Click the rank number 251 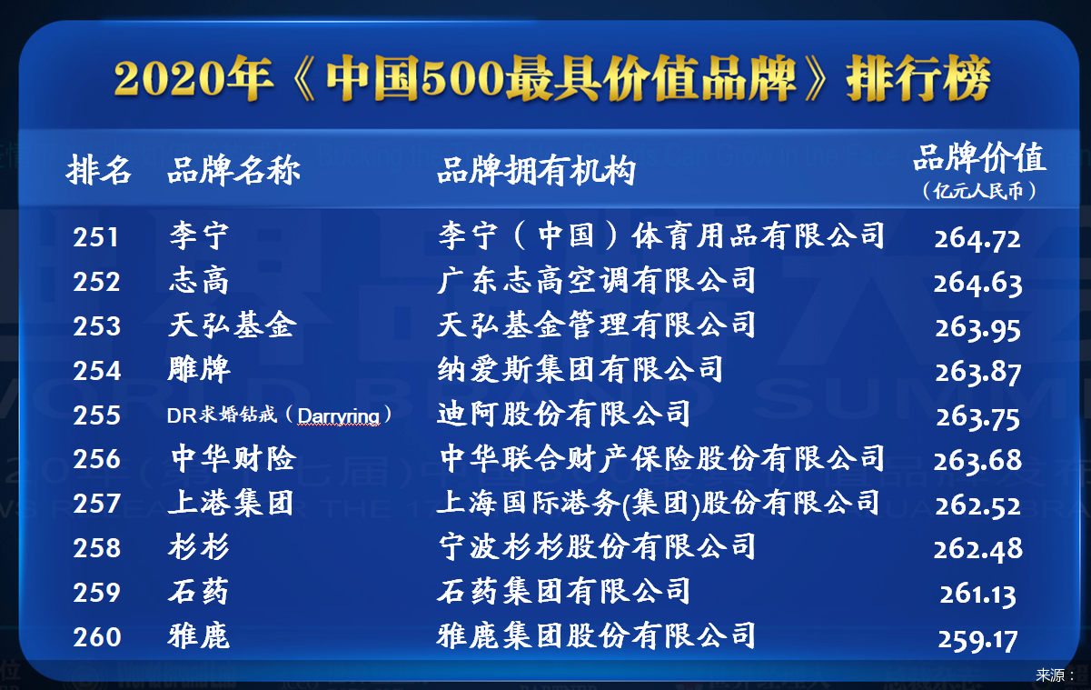pos(95,238)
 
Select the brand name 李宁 pos(199,235)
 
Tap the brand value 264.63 pos(977,284)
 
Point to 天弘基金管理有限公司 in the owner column pos(596,325)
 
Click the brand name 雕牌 pos(199,369)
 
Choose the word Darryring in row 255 pos(339,415)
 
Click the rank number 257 pos(96,504)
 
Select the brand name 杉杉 pos(199,546)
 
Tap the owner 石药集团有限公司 pos(563,591)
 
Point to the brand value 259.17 pos(977,640)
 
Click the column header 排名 pos(99,170)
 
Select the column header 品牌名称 pos(233,170)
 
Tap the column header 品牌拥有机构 pos(536,170)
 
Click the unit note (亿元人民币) pos(979,191)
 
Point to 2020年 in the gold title pos(193,78)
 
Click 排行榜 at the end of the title pos(918,78)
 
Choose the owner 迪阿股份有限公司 pos(563,414)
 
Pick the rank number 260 pos(96,637)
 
